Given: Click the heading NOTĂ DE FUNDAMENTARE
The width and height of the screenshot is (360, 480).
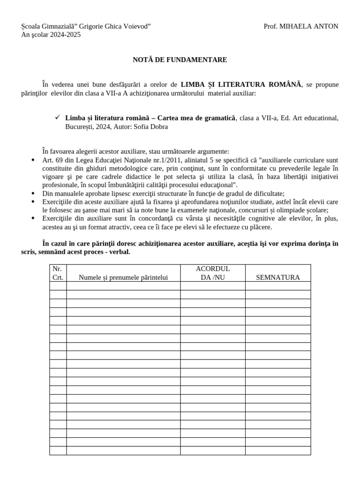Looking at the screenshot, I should click(180, 60).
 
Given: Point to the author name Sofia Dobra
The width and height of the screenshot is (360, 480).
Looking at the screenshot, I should click(150, 126).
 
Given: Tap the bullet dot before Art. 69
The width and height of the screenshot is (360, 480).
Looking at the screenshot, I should click(32, 160).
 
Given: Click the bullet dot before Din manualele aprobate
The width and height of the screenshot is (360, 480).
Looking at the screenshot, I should click(32, 193).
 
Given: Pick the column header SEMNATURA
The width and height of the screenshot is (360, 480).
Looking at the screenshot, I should click(277, 277).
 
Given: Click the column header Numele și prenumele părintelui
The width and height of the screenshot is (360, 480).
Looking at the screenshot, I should click(123, 277).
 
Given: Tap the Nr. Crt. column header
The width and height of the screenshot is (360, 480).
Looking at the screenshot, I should click(58, 273).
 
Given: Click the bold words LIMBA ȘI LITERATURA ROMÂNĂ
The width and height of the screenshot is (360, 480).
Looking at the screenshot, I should click(241, 84).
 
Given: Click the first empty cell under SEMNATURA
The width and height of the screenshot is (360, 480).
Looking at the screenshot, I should click(277, 285).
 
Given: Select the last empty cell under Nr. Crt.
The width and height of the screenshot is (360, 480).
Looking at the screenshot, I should click(58, 450).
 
